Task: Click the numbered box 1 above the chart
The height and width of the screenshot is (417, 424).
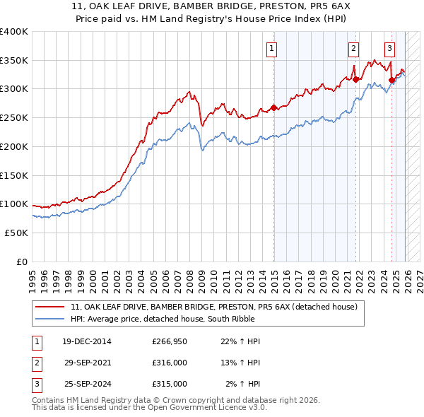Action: click(x=272, y=49)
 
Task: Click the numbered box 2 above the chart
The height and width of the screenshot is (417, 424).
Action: click(x=353, y=49)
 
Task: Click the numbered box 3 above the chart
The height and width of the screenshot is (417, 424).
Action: click(x=389, y=49)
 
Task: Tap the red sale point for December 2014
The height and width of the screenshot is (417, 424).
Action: click(x=274, y=108)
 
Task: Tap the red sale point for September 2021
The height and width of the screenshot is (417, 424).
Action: click(x=355, y=80)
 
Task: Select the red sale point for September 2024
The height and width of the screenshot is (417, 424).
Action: click(x=391, y=81)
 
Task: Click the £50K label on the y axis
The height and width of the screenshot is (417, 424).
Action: click(x=16, y=233)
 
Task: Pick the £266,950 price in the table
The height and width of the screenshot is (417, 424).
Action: click(x=170, y=341)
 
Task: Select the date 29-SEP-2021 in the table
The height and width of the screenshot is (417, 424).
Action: click(x=88, y=363)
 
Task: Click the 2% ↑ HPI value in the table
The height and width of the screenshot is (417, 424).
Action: click(x=243, y=384)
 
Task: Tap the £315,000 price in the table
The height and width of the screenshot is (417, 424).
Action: click(x=170, y=384)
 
